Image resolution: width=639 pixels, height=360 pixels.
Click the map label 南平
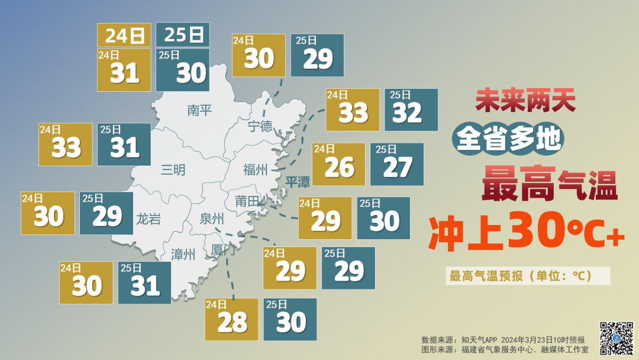[x=199, y=110]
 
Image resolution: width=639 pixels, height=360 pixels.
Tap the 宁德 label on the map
[x=260, y=126]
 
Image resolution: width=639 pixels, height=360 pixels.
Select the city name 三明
[x=173, y=171]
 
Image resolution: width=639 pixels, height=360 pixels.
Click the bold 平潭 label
[x=298, y=181]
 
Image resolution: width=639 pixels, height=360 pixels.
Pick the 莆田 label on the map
[x=247, y=201]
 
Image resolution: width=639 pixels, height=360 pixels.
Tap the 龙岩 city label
[x=149, y=219]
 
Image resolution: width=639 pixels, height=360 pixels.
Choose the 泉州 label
[x=212, y=219]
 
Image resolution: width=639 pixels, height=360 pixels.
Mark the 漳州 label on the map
[x=183, y=255]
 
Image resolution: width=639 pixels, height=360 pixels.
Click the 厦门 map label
[x=223, y=250]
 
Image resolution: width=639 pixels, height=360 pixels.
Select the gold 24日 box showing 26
[x=338, y=164]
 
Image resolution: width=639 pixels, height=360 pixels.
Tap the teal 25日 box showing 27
[x=397, y=164]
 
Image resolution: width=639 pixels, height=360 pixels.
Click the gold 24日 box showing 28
[x=231, y=319]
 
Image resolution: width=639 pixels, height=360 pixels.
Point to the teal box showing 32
[x=411, y=110]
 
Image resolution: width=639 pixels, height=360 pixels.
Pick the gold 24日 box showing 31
[x=124, y=70]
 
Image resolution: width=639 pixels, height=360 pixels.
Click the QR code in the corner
[x=617, y=337]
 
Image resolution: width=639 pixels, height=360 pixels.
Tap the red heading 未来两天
[x=526, y=102]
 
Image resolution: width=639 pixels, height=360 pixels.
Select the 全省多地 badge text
[x=508, y=139]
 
